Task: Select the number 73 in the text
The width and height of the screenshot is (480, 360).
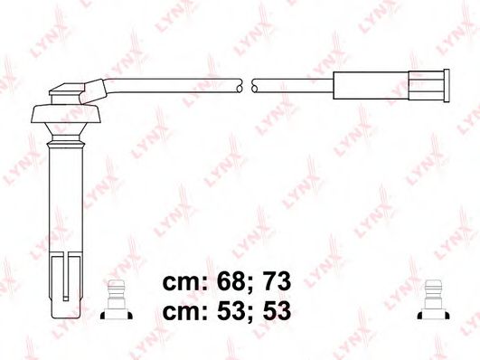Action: (x=277, y=281)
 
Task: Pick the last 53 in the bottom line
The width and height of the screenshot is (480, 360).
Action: (x=277, y=311)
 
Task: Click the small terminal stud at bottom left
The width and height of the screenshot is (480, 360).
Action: (x=117, y=300)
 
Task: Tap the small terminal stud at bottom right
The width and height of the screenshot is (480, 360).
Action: (x=433, y=300)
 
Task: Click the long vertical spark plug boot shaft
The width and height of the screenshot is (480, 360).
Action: (x=66, y=199)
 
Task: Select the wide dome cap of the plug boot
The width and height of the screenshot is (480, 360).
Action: (x=66, y=114)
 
